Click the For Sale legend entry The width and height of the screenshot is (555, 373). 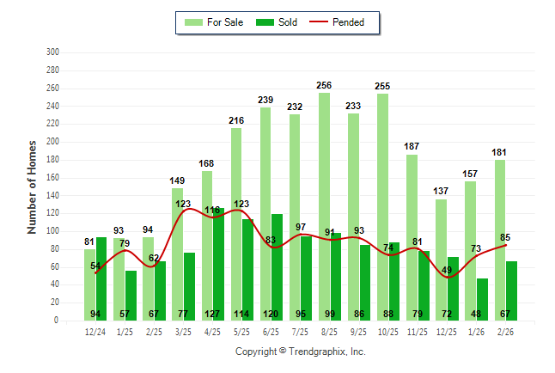(214, 22)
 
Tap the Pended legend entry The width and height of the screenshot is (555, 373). (344, 22)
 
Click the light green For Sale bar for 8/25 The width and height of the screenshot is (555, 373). (324, 172)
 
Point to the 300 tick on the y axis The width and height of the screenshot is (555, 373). (52, 52)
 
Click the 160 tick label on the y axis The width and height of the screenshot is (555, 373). (52, 177)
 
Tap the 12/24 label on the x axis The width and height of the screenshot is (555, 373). (95, 331)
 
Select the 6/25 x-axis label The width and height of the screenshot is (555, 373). (271, 331)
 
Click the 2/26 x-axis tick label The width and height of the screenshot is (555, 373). (505, 331)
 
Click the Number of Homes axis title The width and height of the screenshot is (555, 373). (33, 186)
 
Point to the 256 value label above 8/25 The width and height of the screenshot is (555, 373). (323, 85)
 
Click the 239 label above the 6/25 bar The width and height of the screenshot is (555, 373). (265, 101)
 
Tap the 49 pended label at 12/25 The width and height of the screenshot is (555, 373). (448, 270)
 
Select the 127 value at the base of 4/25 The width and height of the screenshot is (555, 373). (212, 314)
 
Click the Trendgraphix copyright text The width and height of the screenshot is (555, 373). (300, 352)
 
